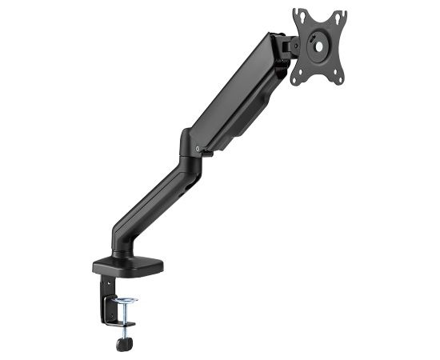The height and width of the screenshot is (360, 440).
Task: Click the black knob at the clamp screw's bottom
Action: [x=124, y=344]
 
